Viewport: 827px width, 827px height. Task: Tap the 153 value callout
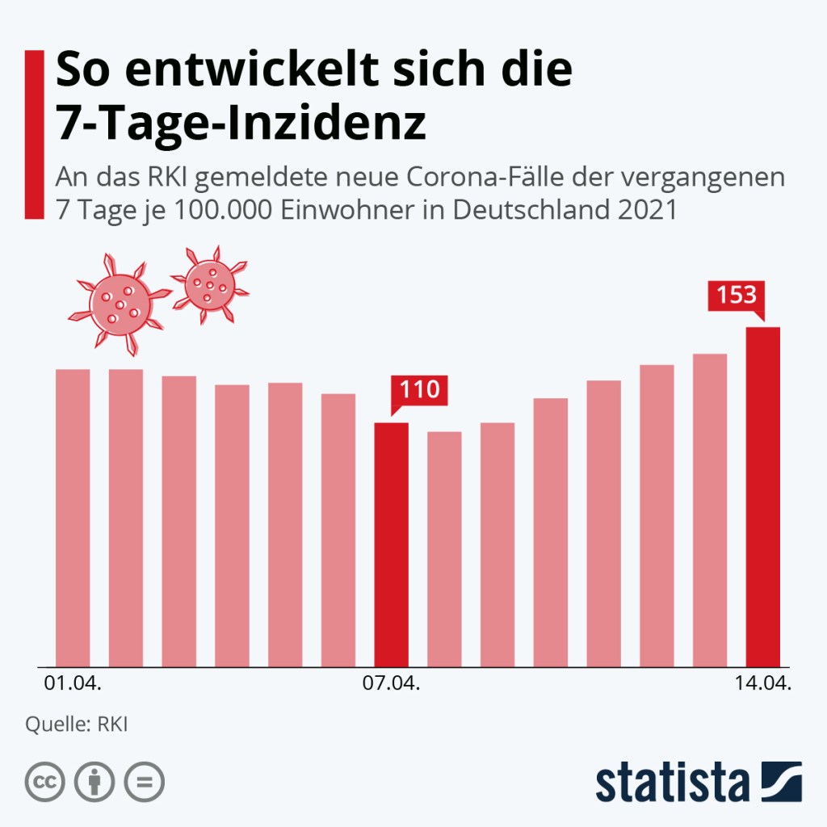click(x=736, y=295)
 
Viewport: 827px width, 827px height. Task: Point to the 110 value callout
click(x=418, y=391)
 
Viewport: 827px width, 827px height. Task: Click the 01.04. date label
click(x=73, y=684)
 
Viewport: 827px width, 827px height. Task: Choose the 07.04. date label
click(x=391, y=684)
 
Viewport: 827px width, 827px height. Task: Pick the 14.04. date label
click(x=762, y=684)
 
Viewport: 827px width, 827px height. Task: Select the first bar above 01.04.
click(x=73, y=518)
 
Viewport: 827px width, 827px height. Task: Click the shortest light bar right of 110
click(x=444, y=549)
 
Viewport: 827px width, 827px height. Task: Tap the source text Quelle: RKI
click(x=77, y=724)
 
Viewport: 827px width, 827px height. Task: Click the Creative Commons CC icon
click(x=45, y=781)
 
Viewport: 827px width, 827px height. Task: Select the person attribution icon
click(x=94, y=781)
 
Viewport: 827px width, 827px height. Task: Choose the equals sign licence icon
click(x=144, y=781)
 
